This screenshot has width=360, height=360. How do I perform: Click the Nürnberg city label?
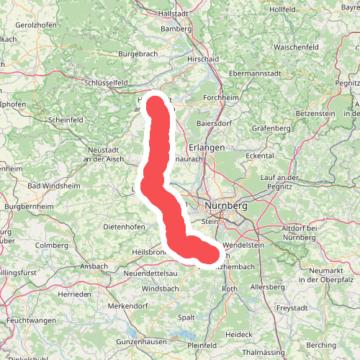(x=225, y=206)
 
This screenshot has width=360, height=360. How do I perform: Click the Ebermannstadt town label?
(x=253, y=73)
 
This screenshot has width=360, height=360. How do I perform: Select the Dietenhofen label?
(x=125, y=226)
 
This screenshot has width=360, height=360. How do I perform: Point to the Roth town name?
(x=230, y=289)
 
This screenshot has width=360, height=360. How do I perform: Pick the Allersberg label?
(x=267, y=287)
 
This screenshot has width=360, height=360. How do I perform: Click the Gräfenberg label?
(x=271, y=130)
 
